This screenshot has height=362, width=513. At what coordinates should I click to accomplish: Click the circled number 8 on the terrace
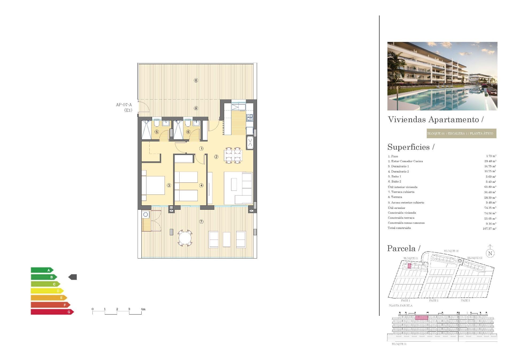[x=196, y=80]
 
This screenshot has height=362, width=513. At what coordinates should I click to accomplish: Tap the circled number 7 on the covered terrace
[x=201, y=222]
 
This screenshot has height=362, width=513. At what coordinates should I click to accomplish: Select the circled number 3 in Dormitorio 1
[x=169, y=185]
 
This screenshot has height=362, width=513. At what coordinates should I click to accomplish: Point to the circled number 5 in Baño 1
[x=157, y=132]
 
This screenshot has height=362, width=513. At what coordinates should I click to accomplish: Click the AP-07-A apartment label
[x=124, y=105]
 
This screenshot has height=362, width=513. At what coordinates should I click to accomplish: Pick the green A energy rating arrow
[x=42, y=270]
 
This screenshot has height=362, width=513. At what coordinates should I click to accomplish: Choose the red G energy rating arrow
[x=52, y=312]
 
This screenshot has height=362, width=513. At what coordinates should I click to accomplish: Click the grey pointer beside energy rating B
[x=73, y=277]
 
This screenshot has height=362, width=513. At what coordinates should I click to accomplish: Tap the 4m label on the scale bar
[x=143, y=309]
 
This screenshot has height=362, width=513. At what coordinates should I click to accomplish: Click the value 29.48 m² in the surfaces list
[x=490, y=161]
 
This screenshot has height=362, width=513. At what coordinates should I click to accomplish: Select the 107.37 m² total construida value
[x=489, y=229]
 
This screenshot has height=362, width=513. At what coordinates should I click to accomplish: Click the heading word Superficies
[x=409, y=147]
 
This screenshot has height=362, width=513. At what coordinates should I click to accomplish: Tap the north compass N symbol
[x=490, y=253]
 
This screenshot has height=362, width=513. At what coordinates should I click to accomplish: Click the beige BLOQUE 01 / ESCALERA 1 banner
[x=461, y=133]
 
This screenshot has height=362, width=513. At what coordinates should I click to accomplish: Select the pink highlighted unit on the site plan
[x=409, y=266]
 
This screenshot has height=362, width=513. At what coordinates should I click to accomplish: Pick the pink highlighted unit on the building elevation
[x=422, y=317]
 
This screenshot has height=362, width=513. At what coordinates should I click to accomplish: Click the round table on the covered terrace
[x=185, y=238]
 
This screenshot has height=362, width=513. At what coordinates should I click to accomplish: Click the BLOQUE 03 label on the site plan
[x=475, y=258]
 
